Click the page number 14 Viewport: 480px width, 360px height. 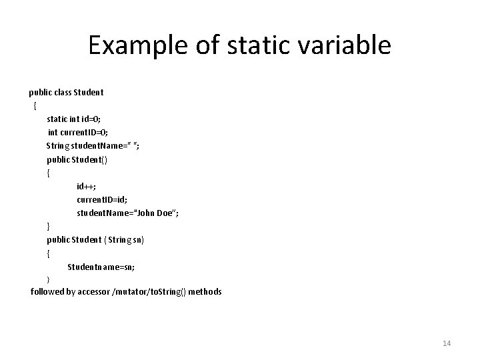click(x=446, y=343)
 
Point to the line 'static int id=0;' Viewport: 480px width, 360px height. click(x=73, y=119)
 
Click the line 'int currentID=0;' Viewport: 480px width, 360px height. click(x=75, y=132)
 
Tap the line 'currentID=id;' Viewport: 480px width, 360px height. click(x=102, y=199)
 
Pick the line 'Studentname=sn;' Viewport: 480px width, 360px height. click(x=101, y=266)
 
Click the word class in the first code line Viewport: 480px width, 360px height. click(x=61, y=92)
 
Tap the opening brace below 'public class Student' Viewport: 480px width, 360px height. click(x=34, y=105)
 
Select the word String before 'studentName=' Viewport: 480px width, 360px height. click(x=58, y=145)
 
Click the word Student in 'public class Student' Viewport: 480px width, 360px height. click(x=89, y=92)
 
